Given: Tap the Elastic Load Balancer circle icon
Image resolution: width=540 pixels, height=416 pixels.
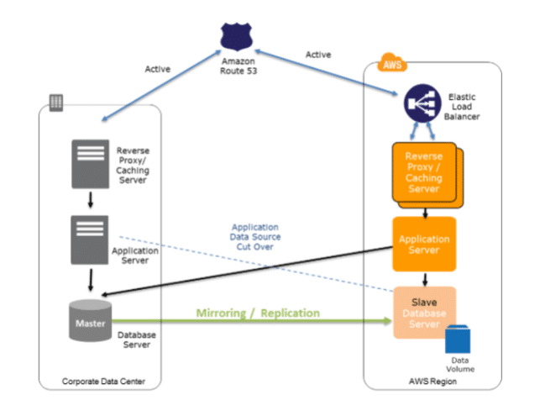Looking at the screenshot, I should [422, 105].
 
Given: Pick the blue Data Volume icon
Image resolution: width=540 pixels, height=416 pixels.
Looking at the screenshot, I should [458, 339].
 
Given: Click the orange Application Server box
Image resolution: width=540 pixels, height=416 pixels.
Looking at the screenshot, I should [424, 245].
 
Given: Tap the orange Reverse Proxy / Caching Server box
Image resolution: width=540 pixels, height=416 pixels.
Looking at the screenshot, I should [423, 173].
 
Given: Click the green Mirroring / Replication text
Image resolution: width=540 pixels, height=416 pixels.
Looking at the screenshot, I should [258, 313].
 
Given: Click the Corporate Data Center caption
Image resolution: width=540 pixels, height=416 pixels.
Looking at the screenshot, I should [103, 382].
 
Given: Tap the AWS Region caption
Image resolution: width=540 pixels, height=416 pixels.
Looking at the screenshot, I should [433, 383].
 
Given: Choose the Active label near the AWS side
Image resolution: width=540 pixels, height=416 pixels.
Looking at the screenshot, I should [318, 55].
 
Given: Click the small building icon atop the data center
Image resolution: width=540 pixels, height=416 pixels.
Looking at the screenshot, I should [56, 102].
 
